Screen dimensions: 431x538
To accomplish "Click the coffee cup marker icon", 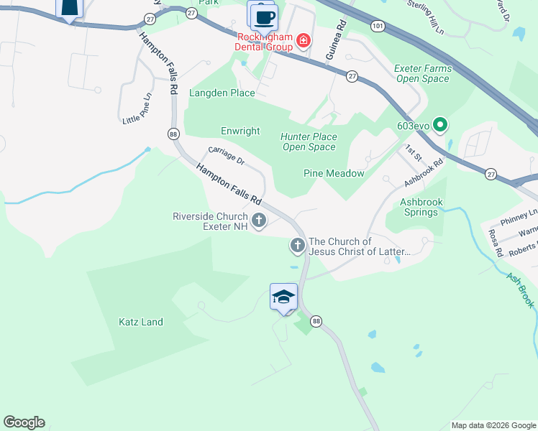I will (263, 16).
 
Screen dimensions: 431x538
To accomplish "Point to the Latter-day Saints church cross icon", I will (297, 246).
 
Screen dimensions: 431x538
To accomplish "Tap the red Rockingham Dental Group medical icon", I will (304, 40).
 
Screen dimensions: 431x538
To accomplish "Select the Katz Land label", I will (141, 322).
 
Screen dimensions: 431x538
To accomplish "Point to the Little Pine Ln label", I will (137, 108).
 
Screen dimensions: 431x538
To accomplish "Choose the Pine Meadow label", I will (334, 173).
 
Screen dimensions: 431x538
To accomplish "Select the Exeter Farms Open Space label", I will (423, 73).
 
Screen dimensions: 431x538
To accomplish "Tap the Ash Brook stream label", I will (519, 289).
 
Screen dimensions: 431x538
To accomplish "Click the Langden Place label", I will (222, 93).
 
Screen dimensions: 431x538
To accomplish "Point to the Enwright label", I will (240, 131).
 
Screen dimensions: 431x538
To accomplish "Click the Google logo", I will (24, 422).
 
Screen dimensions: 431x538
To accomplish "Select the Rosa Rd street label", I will (496, 244).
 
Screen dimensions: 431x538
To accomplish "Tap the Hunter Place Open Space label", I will (309, 142).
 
